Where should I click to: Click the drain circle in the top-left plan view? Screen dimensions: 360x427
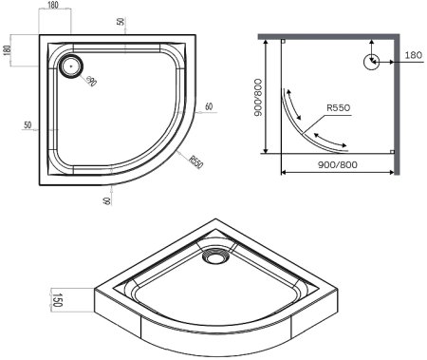pyautogui.click(x=71, y=66)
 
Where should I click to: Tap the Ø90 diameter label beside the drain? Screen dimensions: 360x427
pyautogui.click(x=91, y=84)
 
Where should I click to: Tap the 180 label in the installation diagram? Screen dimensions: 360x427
pyautogui.click(x=413, y=54)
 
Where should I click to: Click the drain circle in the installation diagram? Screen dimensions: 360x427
pyautogui.click(x=370, y=62)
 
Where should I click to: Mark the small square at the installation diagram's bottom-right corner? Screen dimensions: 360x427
pyautogui.click(x=392, y=153)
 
